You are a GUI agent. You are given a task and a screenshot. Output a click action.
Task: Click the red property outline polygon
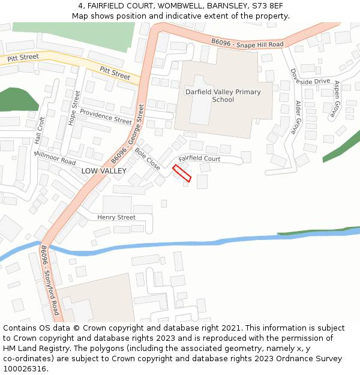coord(182,173)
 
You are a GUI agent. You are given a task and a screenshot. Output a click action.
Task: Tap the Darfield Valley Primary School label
coord(223,95)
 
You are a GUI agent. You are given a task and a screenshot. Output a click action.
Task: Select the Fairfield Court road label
coord(200,158)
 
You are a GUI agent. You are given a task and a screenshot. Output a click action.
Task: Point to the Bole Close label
coord(147,159)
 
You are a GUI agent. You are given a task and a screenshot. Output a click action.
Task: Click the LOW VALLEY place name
coord(104,171)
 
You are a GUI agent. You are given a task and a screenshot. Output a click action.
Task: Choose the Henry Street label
coord(116,217)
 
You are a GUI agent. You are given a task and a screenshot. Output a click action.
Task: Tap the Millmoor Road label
coord(55,158)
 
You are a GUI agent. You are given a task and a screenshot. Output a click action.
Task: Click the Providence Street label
coord(106,116)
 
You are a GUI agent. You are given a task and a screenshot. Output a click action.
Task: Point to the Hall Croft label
coord(40,130)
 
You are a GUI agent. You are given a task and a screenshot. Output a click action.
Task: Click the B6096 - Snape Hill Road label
coord(247,44)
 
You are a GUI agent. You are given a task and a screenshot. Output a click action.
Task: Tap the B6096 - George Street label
coord(128,134)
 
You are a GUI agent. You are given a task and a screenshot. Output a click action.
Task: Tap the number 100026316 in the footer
coord(25,368)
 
